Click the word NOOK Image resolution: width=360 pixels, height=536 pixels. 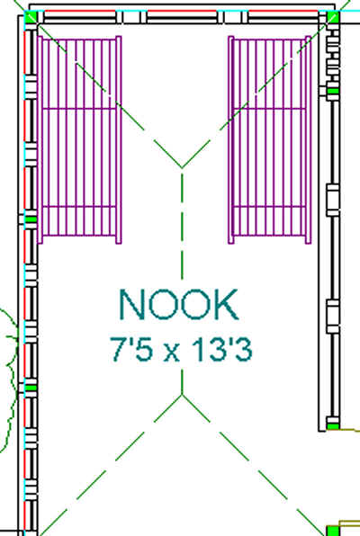[178, 305]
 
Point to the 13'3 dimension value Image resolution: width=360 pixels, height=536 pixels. [221, 349]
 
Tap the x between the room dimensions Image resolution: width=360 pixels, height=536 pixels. [171, 353]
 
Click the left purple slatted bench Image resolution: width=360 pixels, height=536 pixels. [79, 139]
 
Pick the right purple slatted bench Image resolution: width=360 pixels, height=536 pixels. [270, 139]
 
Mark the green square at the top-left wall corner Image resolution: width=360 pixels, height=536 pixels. [31, 16]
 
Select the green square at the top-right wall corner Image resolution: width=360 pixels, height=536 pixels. [333, 16]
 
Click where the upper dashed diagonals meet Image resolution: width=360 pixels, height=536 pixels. [182, 168]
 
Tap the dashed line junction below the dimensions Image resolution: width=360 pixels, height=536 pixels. [182, 394]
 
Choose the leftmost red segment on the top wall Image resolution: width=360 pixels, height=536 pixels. [80, 12]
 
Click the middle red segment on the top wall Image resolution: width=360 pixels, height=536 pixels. [182, 12]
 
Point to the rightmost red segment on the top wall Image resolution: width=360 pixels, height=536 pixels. [283, 12]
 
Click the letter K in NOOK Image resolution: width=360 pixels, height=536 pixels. [227, 305]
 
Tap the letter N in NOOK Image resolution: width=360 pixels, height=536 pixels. [130, 305]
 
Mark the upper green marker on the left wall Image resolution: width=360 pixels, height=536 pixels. [31, 219]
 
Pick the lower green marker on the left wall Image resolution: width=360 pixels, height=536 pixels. [31, 388]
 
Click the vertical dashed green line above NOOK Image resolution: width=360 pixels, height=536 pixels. [182, 227]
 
